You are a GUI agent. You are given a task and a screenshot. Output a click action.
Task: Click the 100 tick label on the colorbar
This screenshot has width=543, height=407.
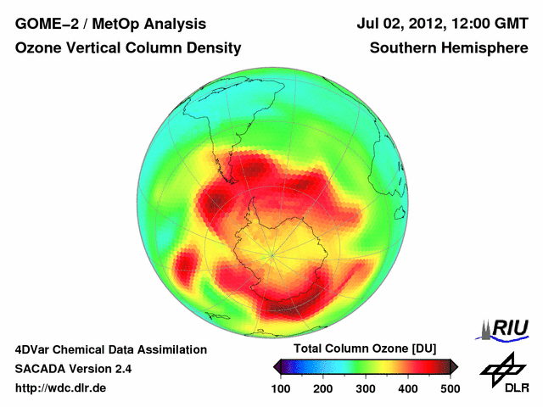coord(280,388)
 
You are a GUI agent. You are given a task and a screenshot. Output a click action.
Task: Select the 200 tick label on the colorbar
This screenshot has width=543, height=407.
coord(322,388)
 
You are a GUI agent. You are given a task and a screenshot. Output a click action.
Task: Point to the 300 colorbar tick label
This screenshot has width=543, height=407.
coord(365,388)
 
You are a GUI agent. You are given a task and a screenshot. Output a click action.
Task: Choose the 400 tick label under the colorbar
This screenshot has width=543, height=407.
coord(407,388)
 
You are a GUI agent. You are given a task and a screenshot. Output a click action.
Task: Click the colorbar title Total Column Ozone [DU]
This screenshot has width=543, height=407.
coord(365,349)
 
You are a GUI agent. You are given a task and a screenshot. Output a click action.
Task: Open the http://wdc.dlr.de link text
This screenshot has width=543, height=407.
coord(61,388)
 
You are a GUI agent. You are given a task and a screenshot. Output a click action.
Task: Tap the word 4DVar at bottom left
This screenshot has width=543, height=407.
coord(35,349)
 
